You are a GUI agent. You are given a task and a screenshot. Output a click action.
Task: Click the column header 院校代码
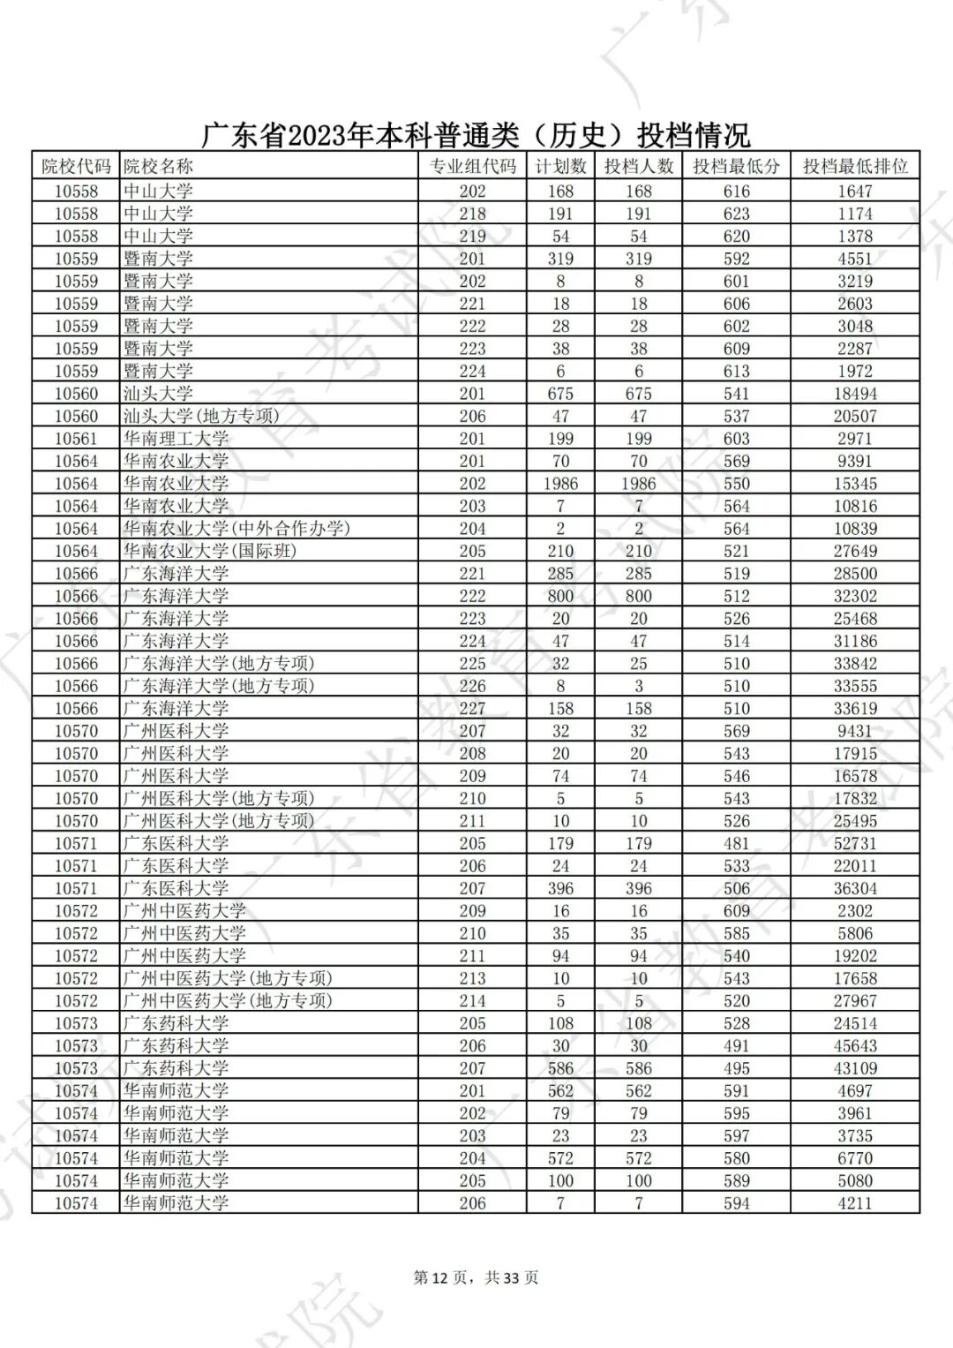point(76,166)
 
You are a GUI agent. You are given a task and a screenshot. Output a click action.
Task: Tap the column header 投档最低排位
point(854,166)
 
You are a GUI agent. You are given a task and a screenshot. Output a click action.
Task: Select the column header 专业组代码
point(472,166)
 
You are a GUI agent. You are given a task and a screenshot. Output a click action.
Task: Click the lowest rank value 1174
point(854,214)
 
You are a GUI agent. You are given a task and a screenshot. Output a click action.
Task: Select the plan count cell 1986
point(560,484)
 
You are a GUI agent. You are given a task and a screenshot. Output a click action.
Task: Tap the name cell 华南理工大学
point(176,439)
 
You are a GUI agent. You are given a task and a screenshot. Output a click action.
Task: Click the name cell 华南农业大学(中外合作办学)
point(236,529)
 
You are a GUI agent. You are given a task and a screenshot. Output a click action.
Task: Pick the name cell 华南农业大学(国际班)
point(210,551)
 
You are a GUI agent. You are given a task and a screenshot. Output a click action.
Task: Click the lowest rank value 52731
point(854,843)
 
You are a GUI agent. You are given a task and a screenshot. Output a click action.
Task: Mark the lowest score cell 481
point(736,843)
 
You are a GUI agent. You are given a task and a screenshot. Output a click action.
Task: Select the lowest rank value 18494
point(854,394)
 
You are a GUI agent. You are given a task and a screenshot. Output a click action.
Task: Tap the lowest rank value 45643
point(854,1045)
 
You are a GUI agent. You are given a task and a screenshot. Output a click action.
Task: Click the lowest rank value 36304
point(854,888)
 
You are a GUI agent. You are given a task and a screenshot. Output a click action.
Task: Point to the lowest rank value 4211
point(854,1202)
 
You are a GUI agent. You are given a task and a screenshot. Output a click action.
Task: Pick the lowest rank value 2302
point(854,911)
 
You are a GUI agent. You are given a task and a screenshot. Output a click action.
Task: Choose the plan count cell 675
point(560,394)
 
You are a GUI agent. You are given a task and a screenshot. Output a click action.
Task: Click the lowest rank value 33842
point(854,664)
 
